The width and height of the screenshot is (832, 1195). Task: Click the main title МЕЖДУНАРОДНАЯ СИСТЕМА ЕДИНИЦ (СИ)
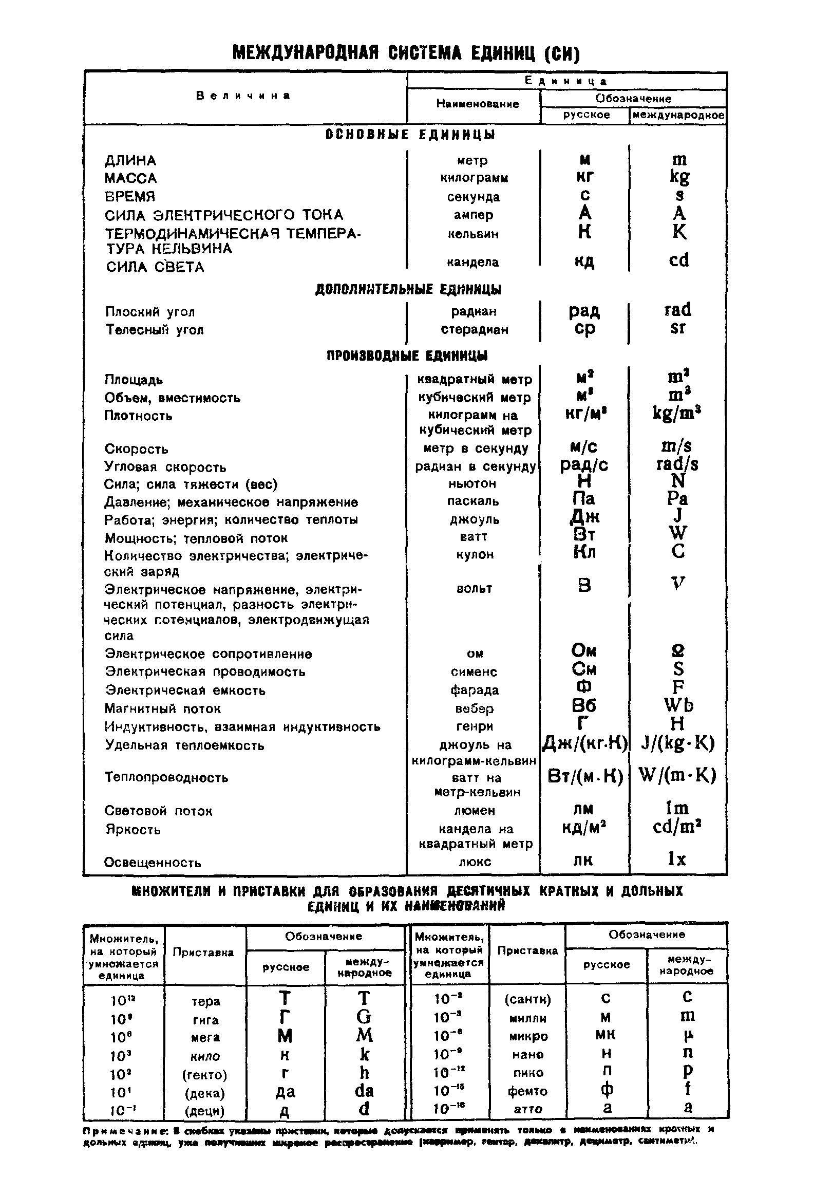click(x=405, y=53)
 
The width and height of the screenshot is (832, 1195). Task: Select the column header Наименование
click(x=477, y=104)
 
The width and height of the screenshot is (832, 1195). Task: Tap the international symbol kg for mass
click(x=679, y=177)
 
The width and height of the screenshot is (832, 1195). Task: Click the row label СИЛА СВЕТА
click(x=155, y=267)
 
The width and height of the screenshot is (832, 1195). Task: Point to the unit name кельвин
click(x=473, y=234)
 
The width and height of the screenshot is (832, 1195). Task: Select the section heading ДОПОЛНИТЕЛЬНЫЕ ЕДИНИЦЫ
click(x=408, y=289)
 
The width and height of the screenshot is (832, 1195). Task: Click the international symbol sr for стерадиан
click(x=678, y=328)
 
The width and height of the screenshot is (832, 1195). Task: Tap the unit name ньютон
click(x=472, y=483)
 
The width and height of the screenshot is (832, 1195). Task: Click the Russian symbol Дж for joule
click(x=584, y=516)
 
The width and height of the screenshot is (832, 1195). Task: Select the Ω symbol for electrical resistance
click(x=678, y=650)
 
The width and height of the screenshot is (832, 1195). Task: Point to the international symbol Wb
click(x=678, y=705)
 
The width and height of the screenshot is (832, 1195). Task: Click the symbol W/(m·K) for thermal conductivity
click(x=677, y=775)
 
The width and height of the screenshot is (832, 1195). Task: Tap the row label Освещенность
click(x=153, y=863)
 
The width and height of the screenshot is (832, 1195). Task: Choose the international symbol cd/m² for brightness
click(x=677, y=827)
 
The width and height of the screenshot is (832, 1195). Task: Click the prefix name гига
click(x=205, y=1020)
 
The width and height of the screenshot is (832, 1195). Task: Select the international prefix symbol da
click(x=364, y=1091)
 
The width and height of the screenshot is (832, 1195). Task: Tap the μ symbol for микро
click(x=687, y=1035)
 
